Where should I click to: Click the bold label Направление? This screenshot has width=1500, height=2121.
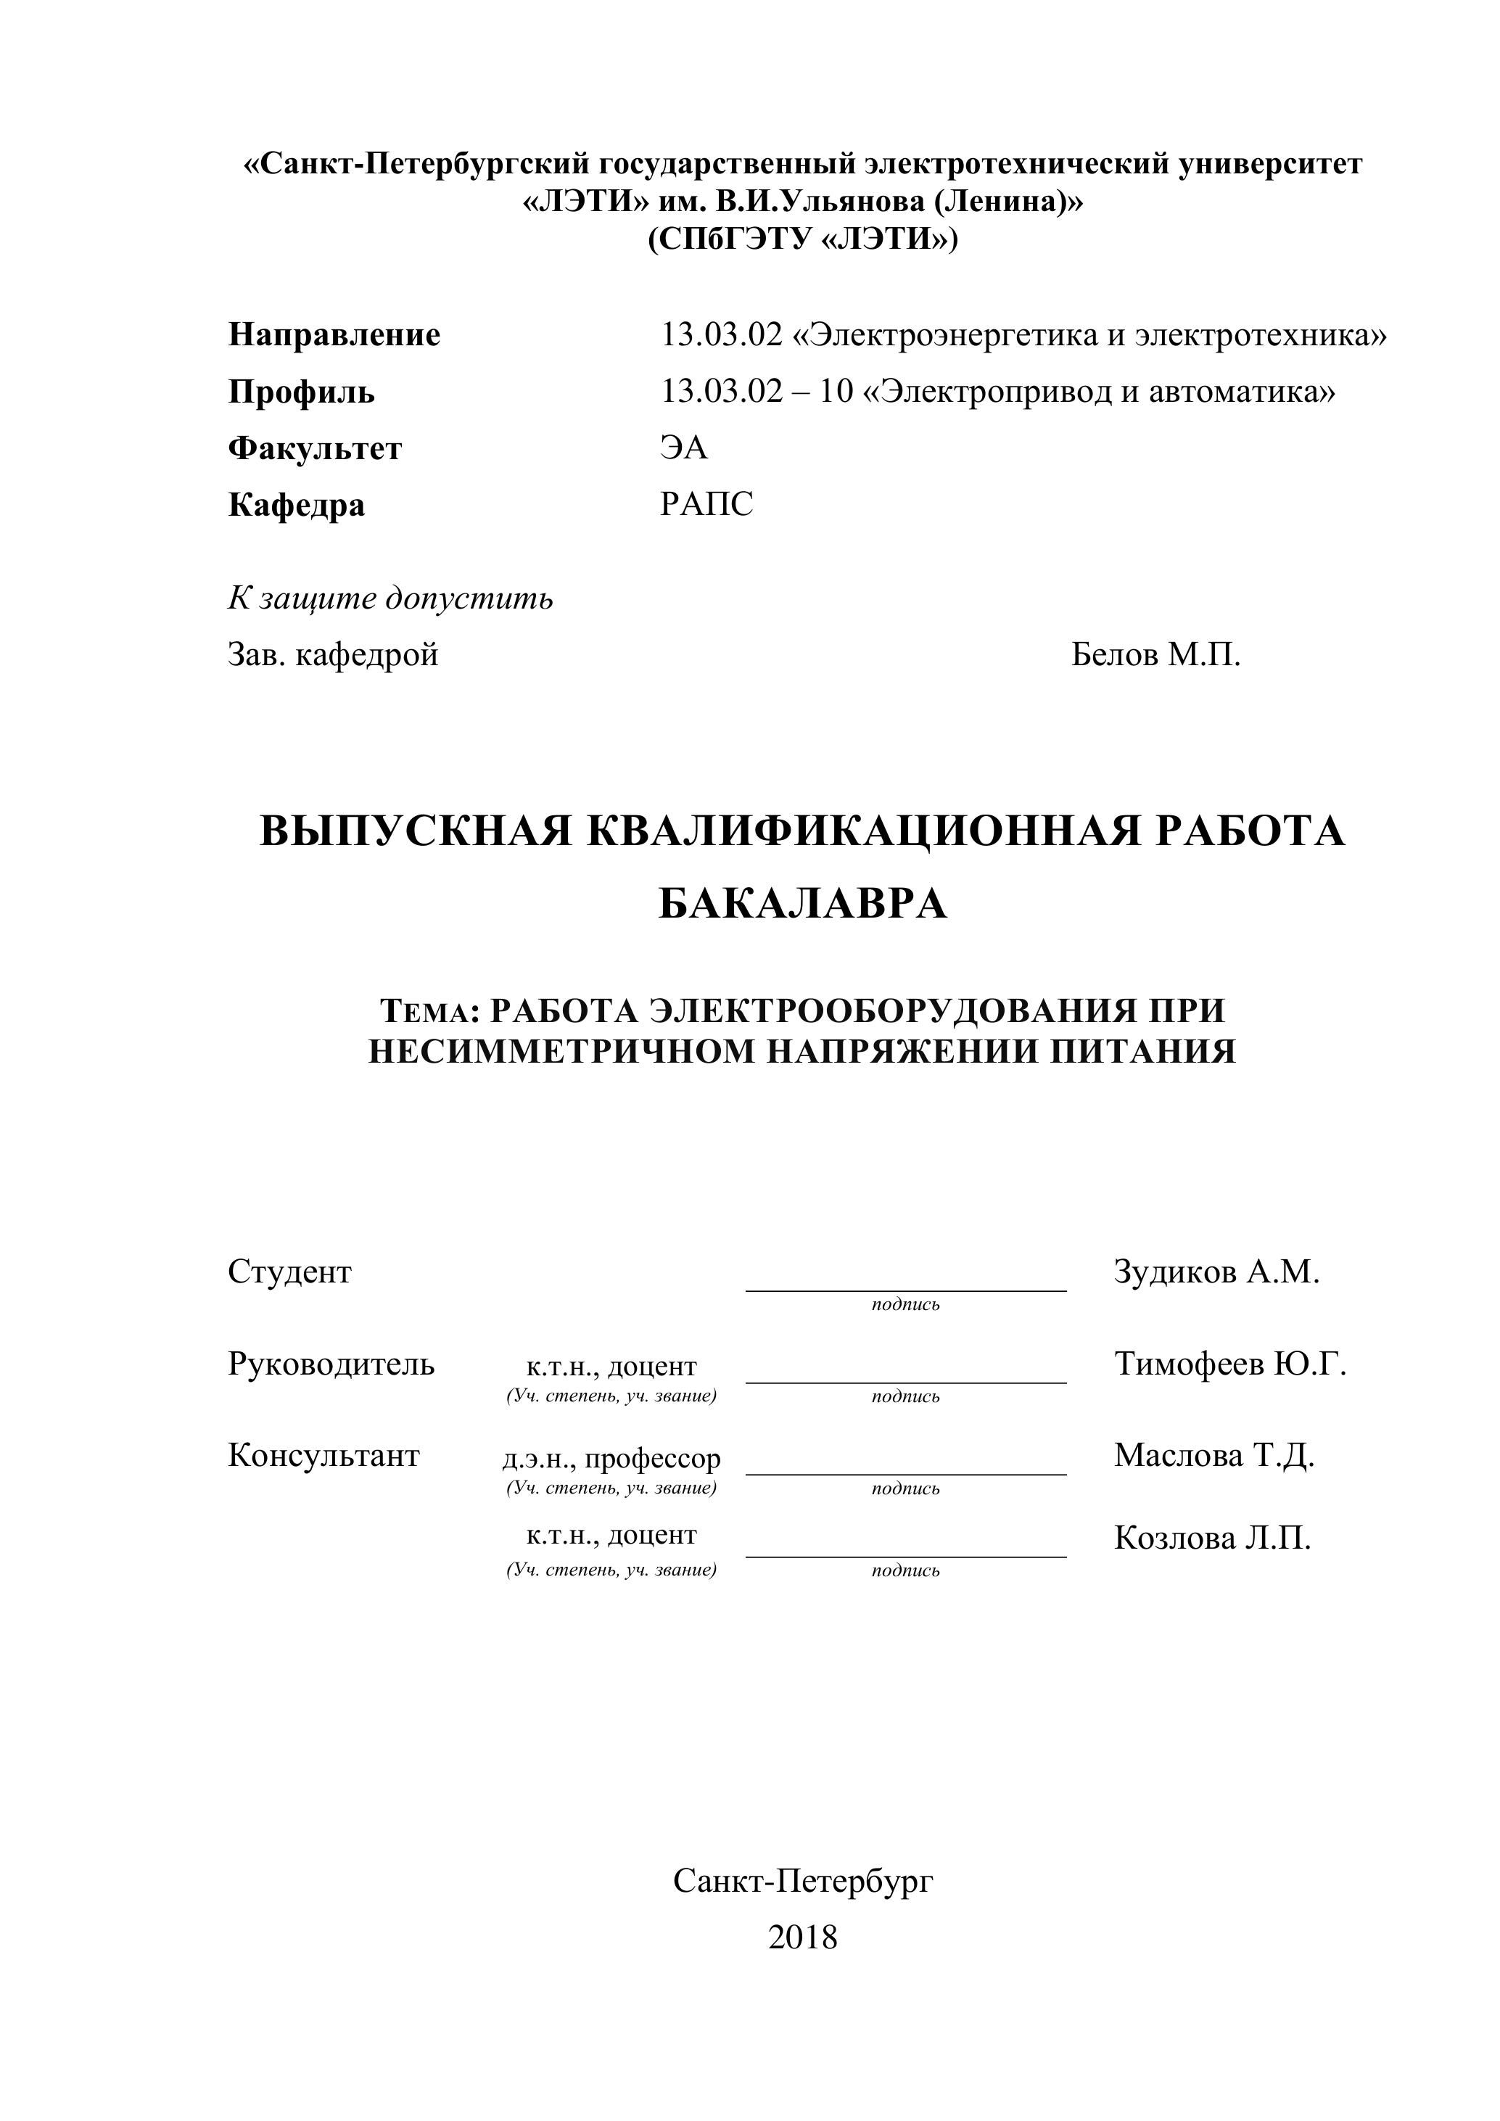(x=334, y=334)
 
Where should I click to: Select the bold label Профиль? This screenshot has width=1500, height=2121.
(x=301, y=392)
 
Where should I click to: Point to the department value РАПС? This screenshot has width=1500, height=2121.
(x=706, y=504)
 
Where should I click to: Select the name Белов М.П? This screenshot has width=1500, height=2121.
(x=1155, y=655)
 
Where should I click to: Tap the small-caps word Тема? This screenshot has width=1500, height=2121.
(x=426, y=1012)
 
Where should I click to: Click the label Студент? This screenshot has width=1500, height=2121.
(x=289, y=1272)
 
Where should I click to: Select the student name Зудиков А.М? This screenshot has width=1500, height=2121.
(x=1216, y=1272)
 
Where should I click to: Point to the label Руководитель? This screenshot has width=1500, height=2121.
(x=331, y=1364)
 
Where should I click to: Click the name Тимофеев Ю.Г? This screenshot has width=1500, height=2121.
(x=1230, y=1364)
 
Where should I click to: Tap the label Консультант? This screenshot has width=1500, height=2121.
(x=324, y=1455)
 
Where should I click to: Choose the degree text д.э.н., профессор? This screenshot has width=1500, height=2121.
(x=611, y=1459)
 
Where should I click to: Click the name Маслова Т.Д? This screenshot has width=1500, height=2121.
(x=1213, y=1455)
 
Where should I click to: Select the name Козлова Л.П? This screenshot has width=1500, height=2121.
(x=1212, y=1538)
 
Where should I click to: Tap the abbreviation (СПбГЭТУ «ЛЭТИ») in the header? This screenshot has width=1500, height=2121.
(x=803, y=239)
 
